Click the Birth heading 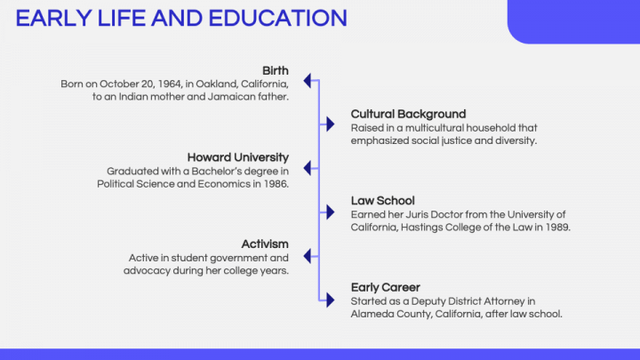coord(276,70)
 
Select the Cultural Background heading coord(408,114)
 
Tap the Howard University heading coord(237,157)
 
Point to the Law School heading coord(382,201)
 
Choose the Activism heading coord(265,244)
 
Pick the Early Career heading coord(385,287)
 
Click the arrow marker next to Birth coord(308,81)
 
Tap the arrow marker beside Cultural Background coord(332,124)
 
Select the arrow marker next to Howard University coord(308,167)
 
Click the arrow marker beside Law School coord(332,211)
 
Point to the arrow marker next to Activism coord(308,254)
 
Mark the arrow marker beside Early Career coord(332,298)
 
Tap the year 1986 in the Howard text coord(275,184)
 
